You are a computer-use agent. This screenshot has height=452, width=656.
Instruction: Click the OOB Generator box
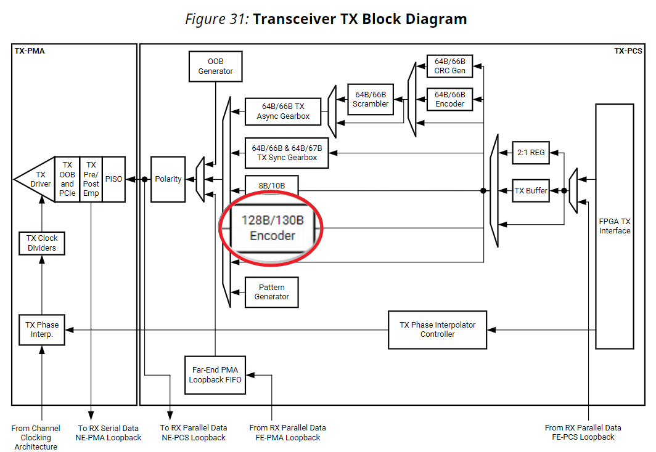tap(215, 66)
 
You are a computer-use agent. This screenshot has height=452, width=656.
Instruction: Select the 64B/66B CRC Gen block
tap(449, 66)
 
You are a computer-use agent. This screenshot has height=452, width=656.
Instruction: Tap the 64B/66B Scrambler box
tap(370, 99)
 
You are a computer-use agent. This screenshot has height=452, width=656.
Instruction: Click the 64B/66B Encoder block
tap(449, 99)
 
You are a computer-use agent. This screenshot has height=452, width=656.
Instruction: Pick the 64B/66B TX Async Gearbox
tap(283, 111)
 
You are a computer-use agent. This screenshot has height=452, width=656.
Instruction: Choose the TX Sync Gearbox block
tap(286, 153)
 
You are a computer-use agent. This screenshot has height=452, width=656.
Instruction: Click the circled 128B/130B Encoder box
tap(272, 228)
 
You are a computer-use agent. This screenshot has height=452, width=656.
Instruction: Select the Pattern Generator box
tap(271, 292)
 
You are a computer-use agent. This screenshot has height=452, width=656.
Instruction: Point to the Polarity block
tap(168, 179)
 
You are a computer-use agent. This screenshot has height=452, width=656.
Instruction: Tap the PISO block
tap(113, 179)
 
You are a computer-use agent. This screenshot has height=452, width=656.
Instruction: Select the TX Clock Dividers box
tap(41, 243)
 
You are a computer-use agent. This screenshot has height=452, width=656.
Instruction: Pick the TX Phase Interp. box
tap(41, 329)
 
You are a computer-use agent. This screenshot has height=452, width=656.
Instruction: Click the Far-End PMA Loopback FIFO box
tap(215, 375)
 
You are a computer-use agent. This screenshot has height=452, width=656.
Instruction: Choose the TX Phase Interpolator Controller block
tap(437, 329)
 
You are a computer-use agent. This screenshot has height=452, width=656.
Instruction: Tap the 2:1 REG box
tap(530, 153)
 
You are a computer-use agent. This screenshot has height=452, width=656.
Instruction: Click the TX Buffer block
tap(531, 190)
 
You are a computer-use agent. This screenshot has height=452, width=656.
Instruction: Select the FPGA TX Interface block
tap(614, 226)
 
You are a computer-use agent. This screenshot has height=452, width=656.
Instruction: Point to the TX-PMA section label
tap(30, 51)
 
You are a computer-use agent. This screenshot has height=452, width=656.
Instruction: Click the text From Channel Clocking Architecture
tap(36, 437)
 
